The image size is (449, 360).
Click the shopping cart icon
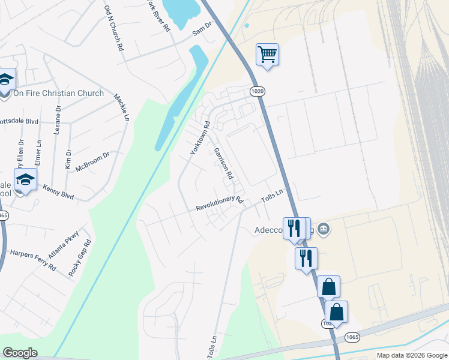tap(267, 55)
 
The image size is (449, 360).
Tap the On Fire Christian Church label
tap(58, 93)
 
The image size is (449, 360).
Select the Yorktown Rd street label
tap(200, 138)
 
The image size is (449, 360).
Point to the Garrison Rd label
tap(222, 165)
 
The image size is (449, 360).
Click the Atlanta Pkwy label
tap(63, 244)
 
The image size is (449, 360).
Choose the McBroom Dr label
tap(92, 163)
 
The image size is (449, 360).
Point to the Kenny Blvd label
tap(58, 192)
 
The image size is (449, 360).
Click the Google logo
tap(20, 353)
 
